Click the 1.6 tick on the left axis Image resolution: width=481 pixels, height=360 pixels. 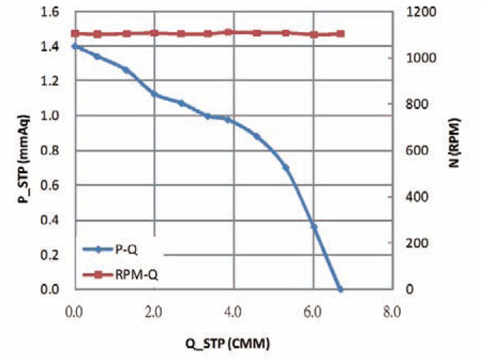(x=52, y=12)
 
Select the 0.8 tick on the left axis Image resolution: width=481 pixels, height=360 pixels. (x=52, y=151)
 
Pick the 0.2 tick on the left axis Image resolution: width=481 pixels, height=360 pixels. (x=52, y=255)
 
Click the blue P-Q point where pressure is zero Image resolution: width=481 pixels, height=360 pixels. (x=340, y=289)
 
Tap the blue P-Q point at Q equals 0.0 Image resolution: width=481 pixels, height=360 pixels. (x=74, y=46)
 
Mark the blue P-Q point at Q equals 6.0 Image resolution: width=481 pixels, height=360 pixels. (x=314, y=226)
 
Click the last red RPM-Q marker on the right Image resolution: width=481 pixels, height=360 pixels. (x=341, y=34)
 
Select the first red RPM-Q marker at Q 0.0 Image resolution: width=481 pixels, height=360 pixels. (x=74, y=34)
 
